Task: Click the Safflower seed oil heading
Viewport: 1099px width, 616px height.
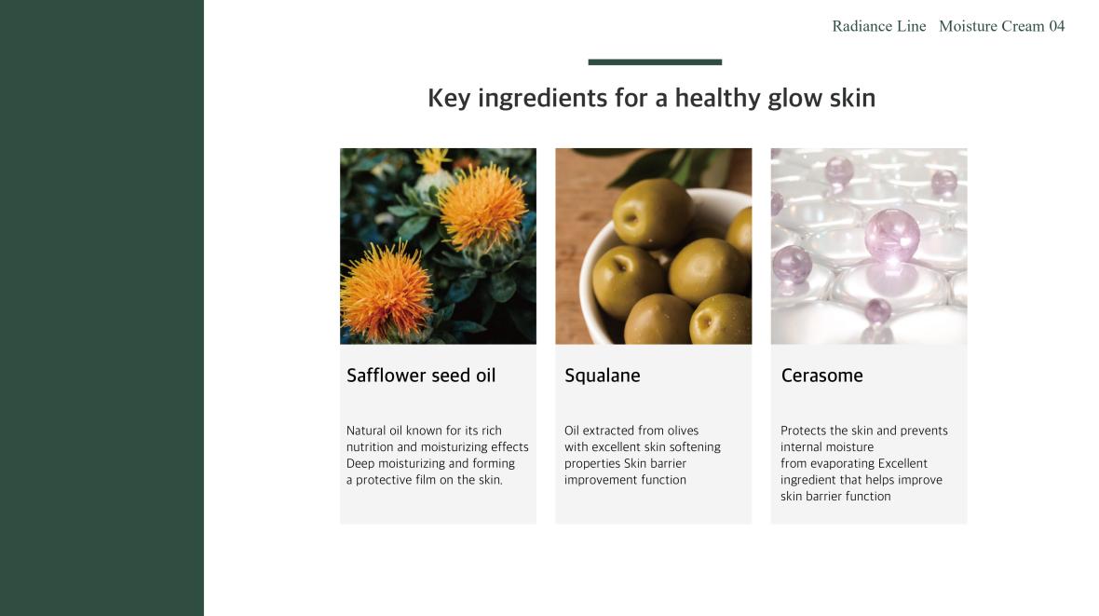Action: click(421, 376)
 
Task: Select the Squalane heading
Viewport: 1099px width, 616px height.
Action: click(602, 376)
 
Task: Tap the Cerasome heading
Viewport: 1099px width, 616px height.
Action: click(821, 376)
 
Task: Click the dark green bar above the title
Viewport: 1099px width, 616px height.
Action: click(655, 62)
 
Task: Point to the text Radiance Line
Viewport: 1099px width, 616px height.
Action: click(879, 26)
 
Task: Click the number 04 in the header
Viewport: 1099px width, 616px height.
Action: click(1056, 26)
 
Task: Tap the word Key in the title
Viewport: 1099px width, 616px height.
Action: click(449, 98)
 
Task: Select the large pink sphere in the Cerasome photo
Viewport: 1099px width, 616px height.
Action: click(891, 234)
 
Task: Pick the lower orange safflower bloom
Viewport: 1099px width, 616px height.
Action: click(386, 292)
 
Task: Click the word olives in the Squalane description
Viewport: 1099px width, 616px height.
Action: click(682, 430)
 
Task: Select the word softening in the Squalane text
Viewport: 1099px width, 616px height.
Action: click(694, 447)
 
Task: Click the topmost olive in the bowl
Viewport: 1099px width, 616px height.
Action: click(653, 212)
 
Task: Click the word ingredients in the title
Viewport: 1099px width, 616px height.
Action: click(542, 98)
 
